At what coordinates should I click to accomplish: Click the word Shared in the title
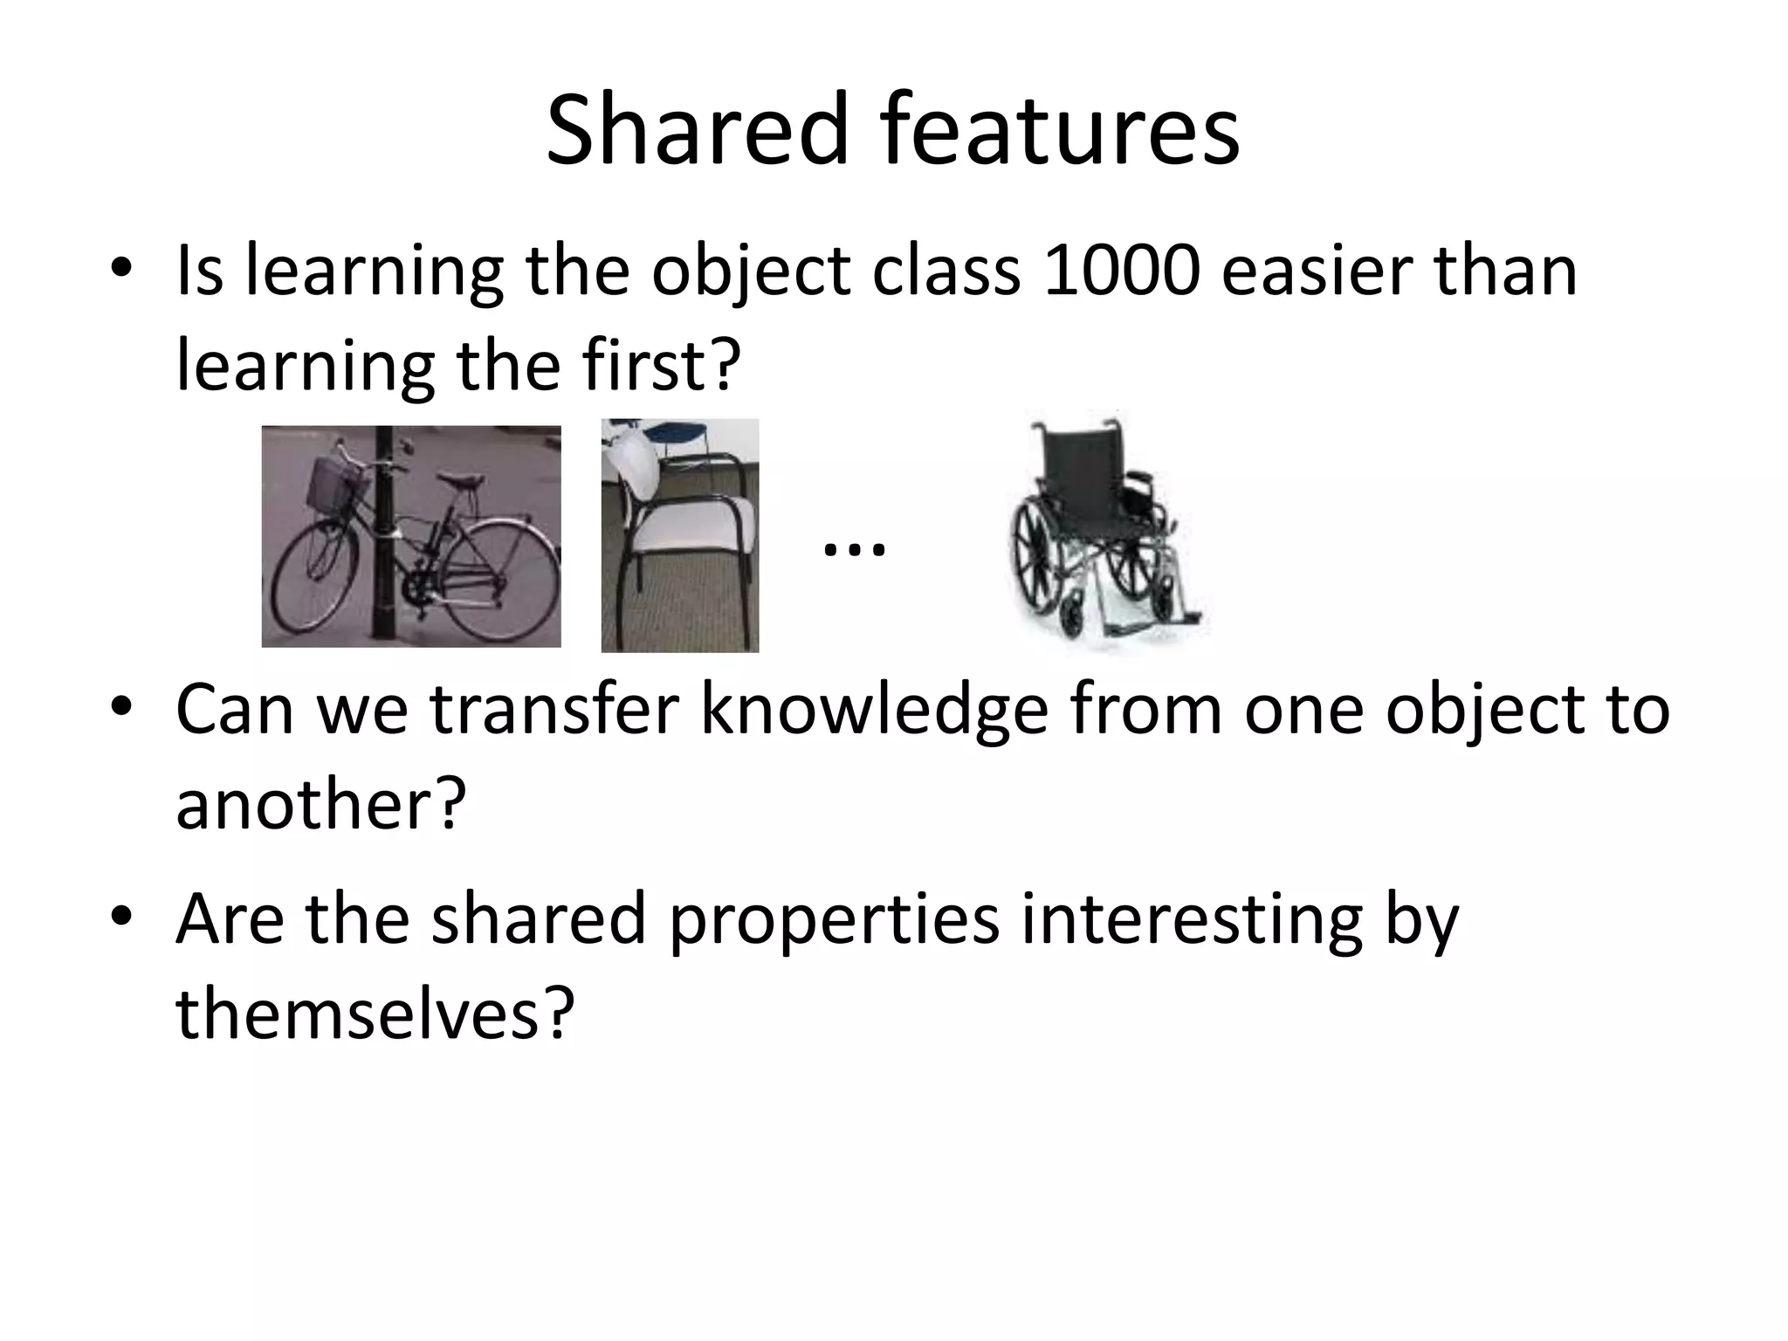point(697,131)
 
